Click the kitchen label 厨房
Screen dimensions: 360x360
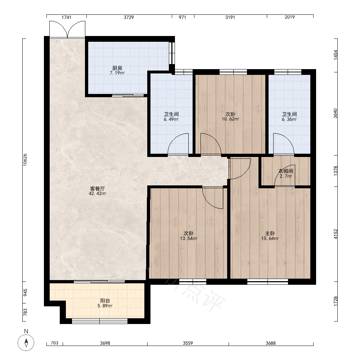coord(117,68)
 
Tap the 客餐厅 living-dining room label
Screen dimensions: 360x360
coord(97,189)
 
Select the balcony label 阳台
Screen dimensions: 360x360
coord(105,301)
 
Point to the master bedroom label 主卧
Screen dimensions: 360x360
coord(270,234)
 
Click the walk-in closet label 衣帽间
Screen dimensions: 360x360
coord(286,171)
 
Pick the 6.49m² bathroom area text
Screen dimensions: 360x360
coord(171,120)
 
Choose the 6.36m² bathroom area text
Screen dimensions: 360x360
coord(289,120)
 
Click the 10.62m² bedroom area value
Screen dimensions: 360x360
coord(230,119)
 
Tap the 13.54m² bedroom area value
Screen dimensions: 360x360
coord(189,239)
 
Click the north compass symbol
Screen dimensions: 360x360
coord(26,343)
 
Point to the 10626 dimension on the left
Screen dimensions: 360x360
coord(25,159)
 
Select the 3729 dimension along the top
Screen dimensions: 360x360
coord(129,17)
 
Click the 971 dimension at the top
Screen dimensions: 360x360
coord(182,17)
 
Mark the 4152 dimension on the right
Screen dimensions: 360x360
coord(336,234)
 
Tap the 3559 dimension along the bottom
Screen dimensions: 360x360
coord(188,343)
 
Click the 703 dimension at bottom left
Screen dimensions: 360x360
coord(54,343)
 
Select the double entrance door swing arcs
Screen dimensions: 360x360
coord(67,30)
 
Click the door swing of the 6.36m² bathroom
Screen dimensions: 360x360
coord(284,144)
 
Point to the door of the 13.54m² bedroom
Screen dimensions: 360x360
coord(213,198)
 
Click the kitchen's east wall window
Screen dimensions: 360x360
coord(172,53)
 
